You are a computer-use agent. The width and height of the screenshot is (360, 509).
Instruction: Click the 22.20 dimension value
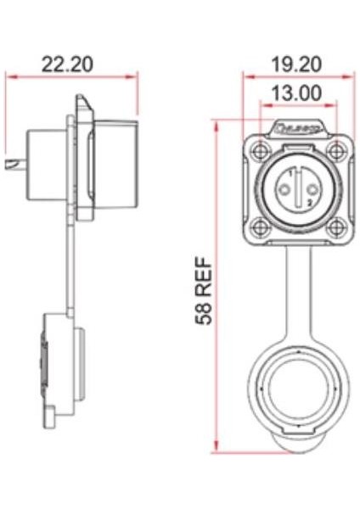point(68,64)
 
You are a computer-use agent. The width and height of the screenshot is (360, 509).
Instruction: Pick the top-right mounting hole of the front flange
point(337,152)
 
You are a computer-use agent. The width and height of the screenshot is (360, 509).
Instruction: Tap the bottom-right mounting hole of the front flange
point(337,227)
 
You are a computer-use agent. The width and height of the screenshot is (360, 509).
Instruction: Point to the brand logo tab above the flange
point(297,130)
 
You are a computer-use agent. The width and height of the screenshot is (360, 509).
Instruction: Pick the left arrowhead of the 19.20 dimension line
point(246,77)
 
